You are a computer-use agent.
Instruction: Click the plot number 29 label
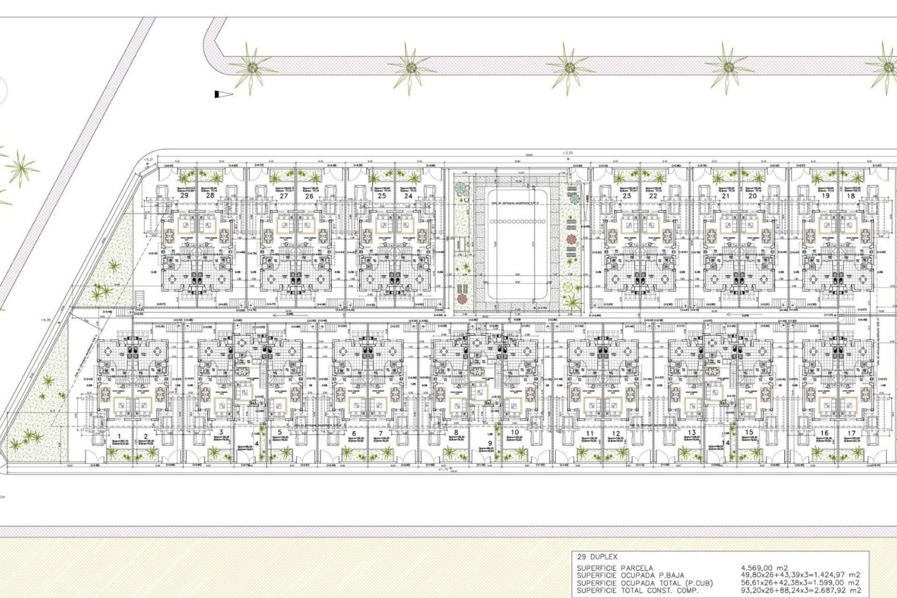coord(184,195)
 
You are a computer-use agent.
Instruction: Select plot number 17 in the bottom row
coord(852,434)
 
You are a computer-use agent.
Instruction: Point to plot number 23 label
coord(626,196)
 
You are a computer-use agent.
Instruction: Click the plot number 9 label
coord(490,443)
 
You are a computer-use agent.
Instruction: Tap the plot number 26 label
coord(309,196)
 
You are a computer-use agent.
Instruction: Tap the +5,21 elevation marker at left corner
coord(149,160)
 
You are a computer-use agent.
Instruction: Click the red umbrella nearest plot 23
coord(571,240)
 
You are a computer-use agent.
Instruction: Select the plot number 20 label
coord(752,196)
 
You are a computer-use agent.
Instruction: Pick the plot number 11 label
coord(590,434)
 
